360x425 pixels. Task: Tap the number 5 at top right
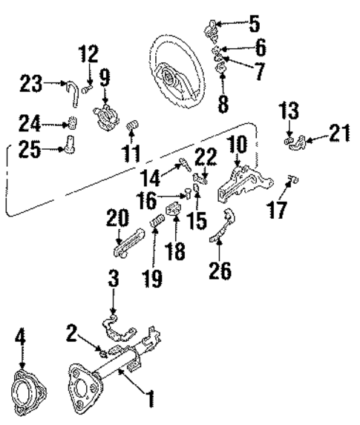(x=255, y=24)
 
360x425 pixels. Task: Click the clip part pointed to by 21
(x=304, y=140)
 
